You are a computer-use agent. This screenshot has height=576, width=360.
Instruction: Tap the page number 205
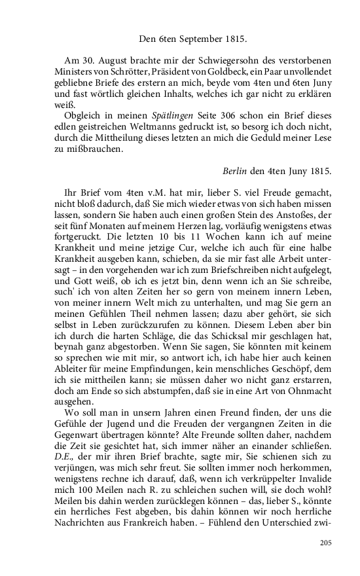tap(326, 543)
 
